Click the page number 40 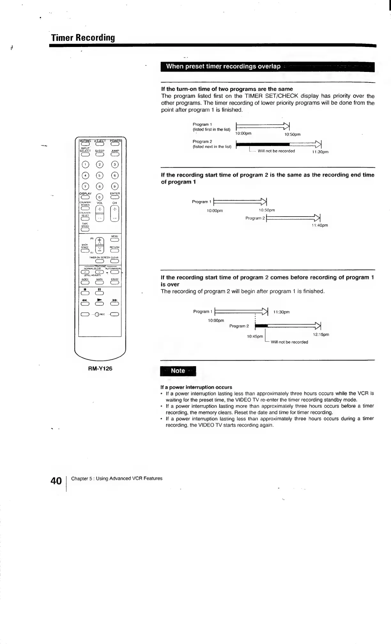(x=56, y=480)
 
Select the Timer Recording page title (x=83, y=38)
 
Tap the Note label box (x=178, y=371)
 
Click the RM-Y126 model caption (x=100, y=368)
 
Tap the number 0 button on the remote (x=100, y=197)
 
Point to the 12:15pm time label (x=321, y=334)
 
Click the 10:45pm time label (x=255, y=336)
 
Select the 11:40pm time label (x=319, y=225)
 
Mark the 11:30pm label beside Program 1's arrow (x=281, y=312)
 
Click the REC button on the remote (x=100, y=314)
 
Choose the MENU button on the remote (x=115, y=240)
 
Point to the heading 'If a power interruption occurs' (x=196, y=387)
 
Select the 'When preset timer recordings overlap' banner (x=223, y=66)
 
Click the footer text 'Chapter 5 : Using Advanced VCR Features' (x=117, y=478)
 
